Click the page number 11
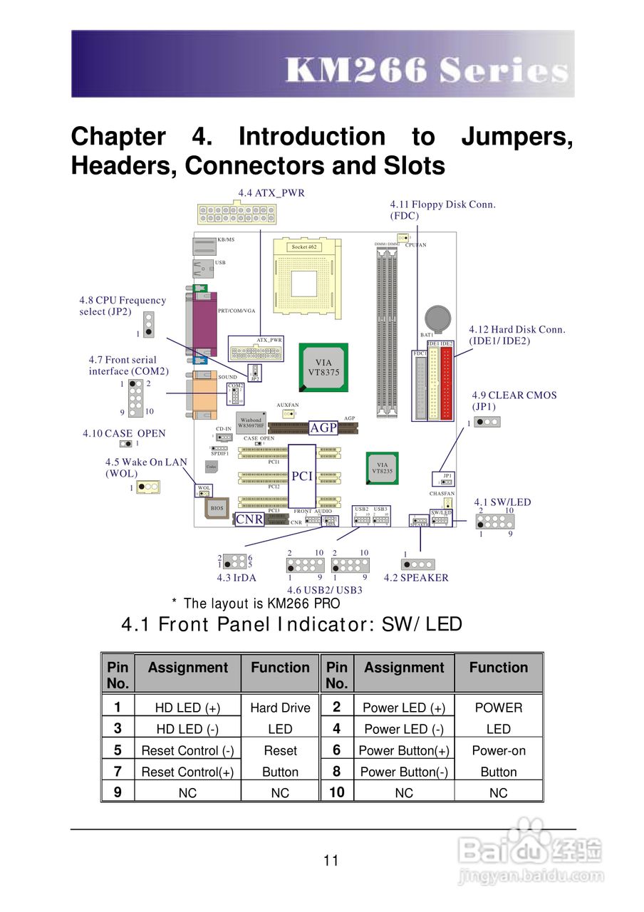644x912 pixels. [331, 860]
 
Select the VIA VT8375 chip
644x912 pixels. [324, 367]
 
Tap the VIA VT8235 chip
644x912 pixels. [382, 468]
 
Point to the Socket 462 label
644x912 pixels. [304, 247]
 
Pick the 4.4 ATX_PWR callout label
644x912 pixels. [271, 193]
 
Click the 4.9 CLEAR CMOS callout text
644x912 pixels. [513, 400]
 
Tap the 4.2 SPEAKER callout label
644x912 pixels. [417, 578]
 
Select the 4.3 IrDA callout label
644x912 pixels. [237, 578]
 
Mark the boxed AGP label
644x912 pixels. [323, 427]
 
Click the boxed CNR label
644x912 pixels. [249, 519]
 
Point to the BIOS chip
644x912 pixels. [217, 508]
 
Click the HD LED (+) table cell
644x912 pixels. [187, 708]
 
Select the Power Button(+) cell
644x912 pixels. [404, 750]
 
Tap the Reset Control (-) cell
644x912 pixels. [187, 750]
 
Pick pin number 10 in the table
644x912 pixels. [336, 792]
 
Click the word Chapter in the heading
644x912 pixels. [118, 136]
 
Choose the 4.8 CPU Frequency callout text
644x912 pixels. [123, 306]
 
